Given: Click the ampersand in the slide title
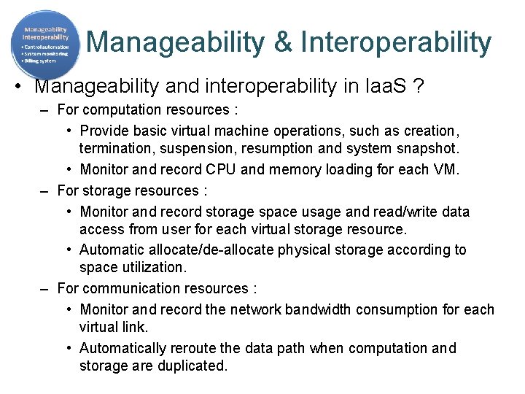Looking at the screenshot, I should [x=283, y=42].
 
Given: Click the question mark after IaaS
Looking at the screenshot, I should [x=418, y=86].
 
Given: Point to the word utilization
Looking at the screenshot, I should [x=152, y=268].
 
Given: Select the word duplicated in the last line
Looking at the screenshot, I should [x=190, y=366].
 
